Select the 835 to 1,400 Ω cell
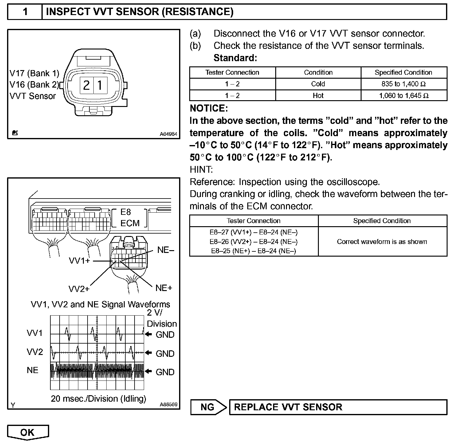(403, 84)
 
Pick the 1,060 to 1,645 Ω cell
(403, 96)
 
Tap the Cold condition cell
(318, 84)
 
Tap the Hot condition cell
(318, 96)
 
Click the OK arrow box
(28, 432)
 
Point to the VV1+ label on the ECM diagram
(79, 261)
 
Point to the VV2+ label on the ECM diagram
(79, 289)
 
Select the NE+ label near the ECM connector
(164, 288)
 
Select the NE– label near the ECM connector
(166, 250)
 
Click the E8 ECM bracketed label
(130, 218)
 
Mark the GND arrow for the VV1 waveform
(149, 334)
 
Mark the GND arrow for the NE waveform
(149, 372)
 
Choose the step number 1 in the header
(25, 12)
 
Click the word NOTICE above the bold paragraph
(209, 108)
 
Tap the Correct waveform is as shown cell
(382, 242)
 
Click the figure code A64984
(168, 134)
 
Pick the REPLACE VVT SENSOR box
(338, 407)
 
